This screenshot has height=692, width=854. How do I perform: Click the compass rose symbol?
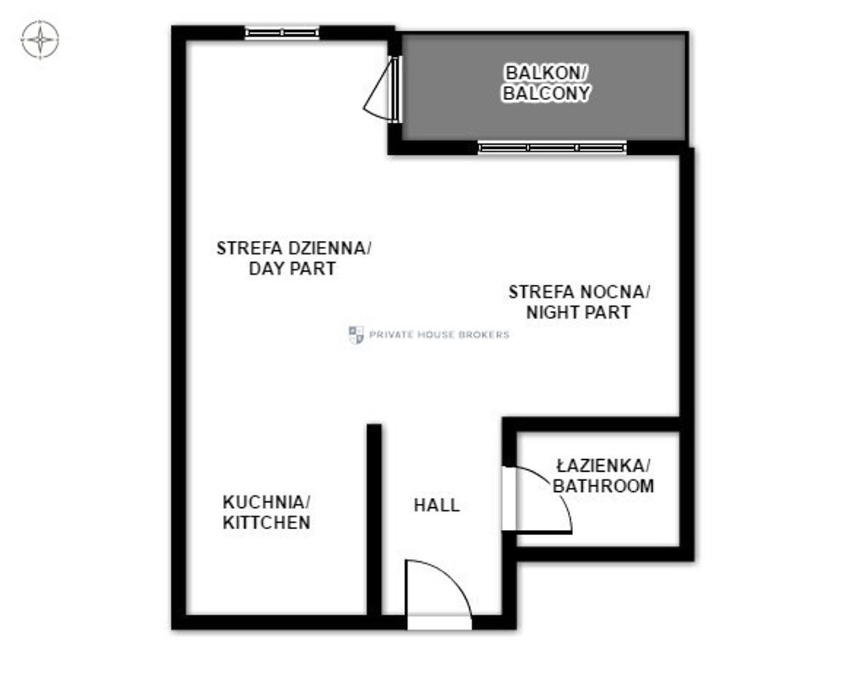coord(40,39)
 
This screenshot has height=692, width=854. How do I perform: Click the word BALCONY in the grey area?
coord(546,93)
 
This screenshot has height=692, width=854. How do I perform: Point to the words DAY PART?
coord(292,269)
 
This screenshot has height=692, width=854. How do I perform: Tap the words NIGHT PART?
coord(578,312)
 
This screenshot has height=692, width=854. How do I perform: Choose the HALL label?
coord(436,505)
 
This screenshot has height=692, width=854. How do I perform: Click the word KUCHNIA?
coord(266,502)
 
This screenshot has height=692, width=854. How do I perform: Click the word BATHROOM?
coord(603,486)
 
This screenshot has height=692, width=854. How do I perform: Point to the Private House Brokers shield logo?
coord(356,335)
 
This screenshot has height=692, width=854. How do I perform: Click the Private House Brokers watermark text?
coord(439,335)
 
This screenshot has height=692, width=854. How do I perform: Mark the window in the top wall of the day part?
coord(282,33)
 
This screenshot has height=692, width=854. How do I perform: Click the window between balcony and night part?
coord(552,147)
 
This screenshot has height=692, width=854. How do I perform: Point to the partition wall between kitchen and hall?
coord(374,520)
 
